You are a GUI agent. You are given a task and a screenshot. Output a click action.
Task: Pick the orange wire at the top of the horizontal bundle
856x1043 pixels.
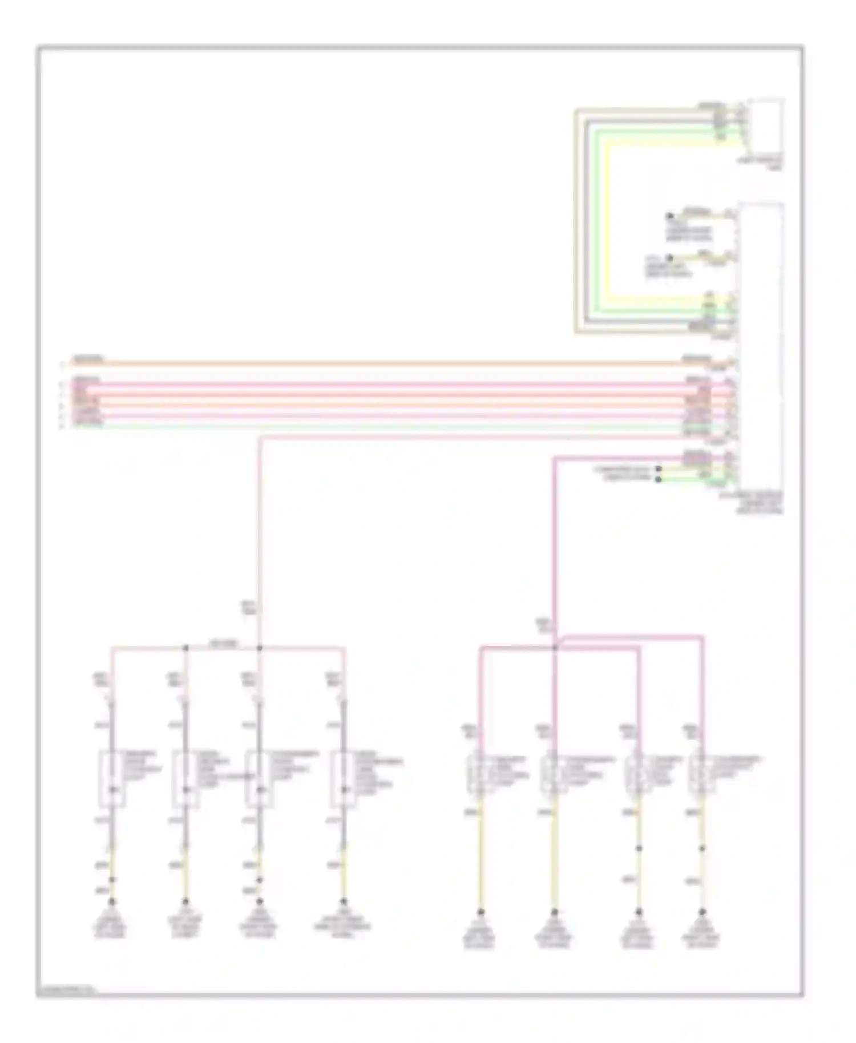pos(377,363)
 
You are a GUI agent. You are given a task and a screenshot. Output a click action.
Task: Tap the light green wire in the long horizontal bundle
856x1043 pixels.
pos(377,426)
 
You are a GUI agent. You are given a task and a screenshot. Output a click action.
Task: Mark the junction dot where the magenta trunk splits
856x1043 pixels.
pos(555,647)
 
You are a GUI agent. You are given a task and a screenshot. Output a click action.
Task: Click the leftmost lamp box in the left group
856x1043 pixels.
pos(112,779)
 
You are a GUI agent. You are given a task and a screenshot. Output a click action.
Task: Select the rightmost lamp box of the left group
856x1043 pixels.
pos(344,779)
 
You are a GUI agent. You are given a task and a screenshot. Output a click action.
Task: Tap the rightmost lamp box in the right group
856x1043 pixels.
pos(702,774)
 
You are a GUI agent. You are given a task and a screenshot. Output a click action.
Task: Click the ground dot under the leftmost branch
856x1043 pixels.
pos(112,901)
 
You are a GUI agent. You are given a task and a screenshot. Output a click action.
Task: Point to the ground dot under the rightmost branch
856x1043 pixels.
pos(702,911)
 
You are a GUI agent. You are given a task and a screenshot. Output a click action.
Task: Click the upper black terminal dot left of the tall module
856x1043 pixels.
pos(670,216)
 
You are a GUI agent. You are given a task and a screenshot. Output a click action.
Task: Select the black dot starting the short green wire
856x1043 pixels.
pos(659,479)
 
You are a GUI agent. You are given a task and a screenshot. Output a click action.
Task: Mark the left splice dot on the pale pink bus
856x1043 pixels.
pos(185,648)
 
